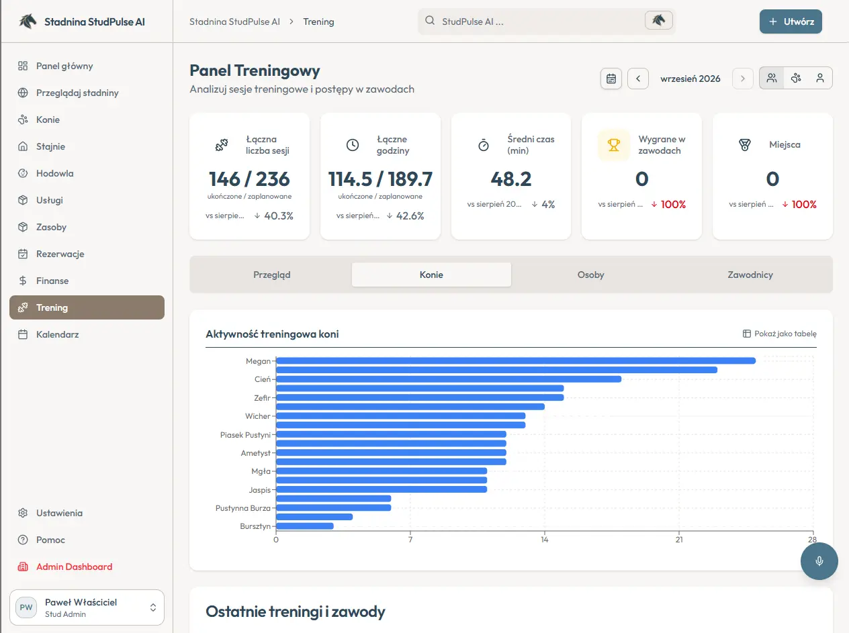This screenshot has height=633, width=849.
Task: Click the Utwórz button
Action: coord(790,21)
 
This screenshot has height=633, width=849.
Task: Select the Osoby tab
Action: coord(590,275)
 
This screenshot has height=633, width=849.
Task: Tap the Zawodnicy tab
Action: coord(750,275)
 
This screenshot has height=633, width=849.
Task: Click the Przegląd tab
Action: coord(271,275)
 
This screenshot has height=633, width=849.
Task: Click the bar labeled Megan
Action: coord(516,361)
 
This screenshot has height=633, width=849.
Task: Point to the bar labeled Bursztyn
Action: coord(305,526)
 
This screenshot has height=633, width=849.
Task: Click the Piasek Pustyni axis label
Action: coord(245,435)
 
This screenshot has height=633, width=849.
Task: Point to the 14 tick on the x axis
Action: coord(544,540)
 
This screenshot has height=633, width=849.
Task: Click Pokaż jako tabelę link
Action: coord(780,334)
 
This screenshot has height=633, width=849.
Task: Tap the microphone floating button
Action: coord(819,561)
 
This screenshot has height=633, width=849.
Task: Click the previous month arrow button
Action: coord(638,79)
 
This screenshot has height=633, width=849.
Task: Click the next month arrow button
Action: coord(742,79)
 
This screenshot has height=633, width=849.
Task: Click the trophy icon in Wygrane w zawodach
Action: coord(614,145)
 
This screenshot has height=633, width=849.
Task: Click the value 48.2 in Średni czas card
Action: coord(511,179)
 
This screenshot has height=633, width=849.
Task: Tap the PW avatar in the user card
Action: coord(26,607)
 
